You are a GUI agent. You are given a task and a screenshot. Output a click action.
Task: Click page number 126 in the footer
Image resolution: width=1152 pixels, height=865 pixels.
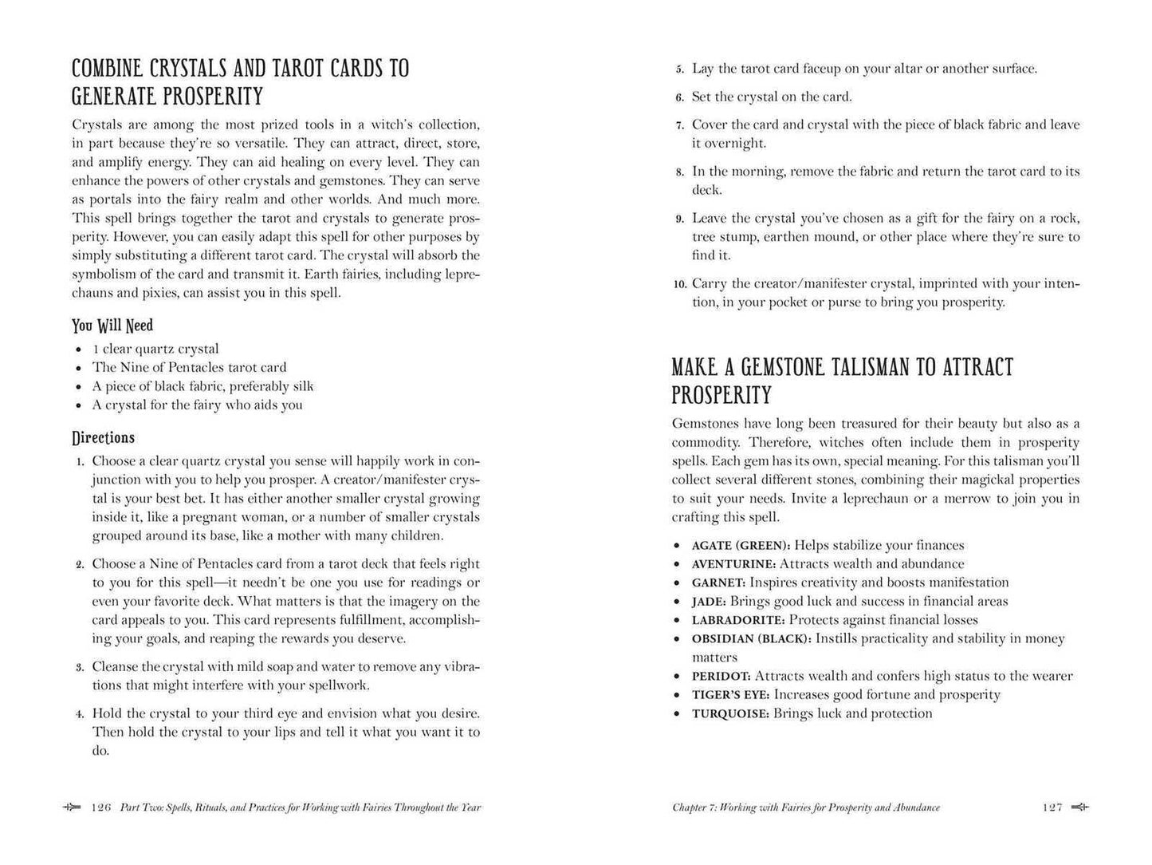pos(101,808)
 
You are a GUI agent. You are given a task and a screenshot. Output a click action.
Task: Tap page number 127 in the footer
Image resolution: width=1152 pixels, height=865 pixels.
pos(1052,808)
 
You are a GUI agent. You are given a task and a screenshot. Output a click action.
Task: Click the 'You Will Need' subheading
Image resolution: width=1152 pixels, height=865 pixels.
pos(112,326)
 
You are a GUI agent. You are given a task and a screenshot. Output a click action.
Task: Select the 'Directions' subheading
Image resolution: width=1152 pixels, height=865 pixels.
pos(104,437)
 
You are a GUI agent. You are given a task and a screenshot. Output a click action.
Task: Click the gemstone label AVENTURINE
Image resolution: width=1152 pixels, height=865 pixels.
pos(733,564)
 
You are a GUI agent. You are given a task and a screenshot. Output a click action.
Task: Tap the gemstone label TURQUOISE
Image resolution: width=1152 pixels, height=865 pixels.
pos(730,713)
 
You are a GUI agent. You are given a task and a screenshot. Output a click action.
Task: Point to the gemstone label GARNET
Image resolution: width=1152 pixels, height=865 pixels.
pos(718,583)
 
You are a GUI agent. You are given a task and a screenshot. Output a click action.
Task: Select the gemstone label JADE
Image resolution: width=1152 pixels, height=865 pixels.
pos(709,602)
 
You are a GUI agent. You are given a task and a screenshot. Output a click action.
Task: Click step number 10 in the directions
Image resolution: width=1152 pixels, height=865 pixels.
pos(679,284)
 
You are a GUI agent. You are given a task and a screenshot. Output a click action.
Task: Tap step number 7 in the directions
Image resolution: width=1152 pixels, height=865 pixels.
pos(680,125)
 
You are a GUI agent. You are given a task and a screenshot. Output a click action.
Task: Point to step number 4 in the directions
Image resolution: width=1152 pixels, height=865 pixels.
pos(81,714)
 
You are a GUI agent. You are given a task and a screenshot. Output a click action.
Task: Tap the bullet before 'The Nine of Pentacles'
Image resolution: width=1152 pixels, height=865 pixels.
pos(79,369)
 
